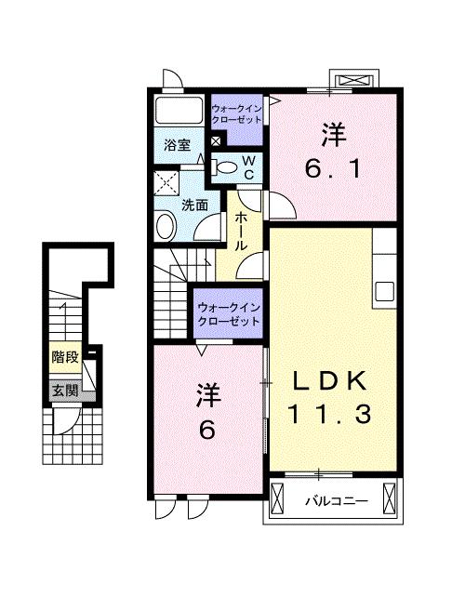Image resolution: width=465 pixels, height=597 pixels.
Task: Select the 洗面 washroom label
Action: (193, 205)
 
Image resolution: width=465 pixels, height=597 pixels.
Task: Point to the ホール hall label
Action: (240, 231)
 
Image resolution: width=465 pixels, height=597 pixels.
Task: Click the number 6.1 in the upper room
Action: (333, 169)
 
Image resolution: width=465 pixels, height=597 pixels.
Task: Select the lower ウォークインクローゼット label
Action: (227, 312)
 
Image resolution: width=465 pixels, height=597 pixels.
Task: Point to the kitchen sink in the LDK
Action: (385, 290)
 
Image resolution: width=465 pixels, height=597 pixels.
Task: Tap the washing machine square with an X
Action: (167, 182)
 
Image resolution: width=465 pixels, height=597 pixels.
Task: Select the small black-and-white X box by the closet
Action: (217, 140)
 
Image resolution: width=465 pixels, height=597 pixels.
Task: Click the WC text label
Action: (249, 167)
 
